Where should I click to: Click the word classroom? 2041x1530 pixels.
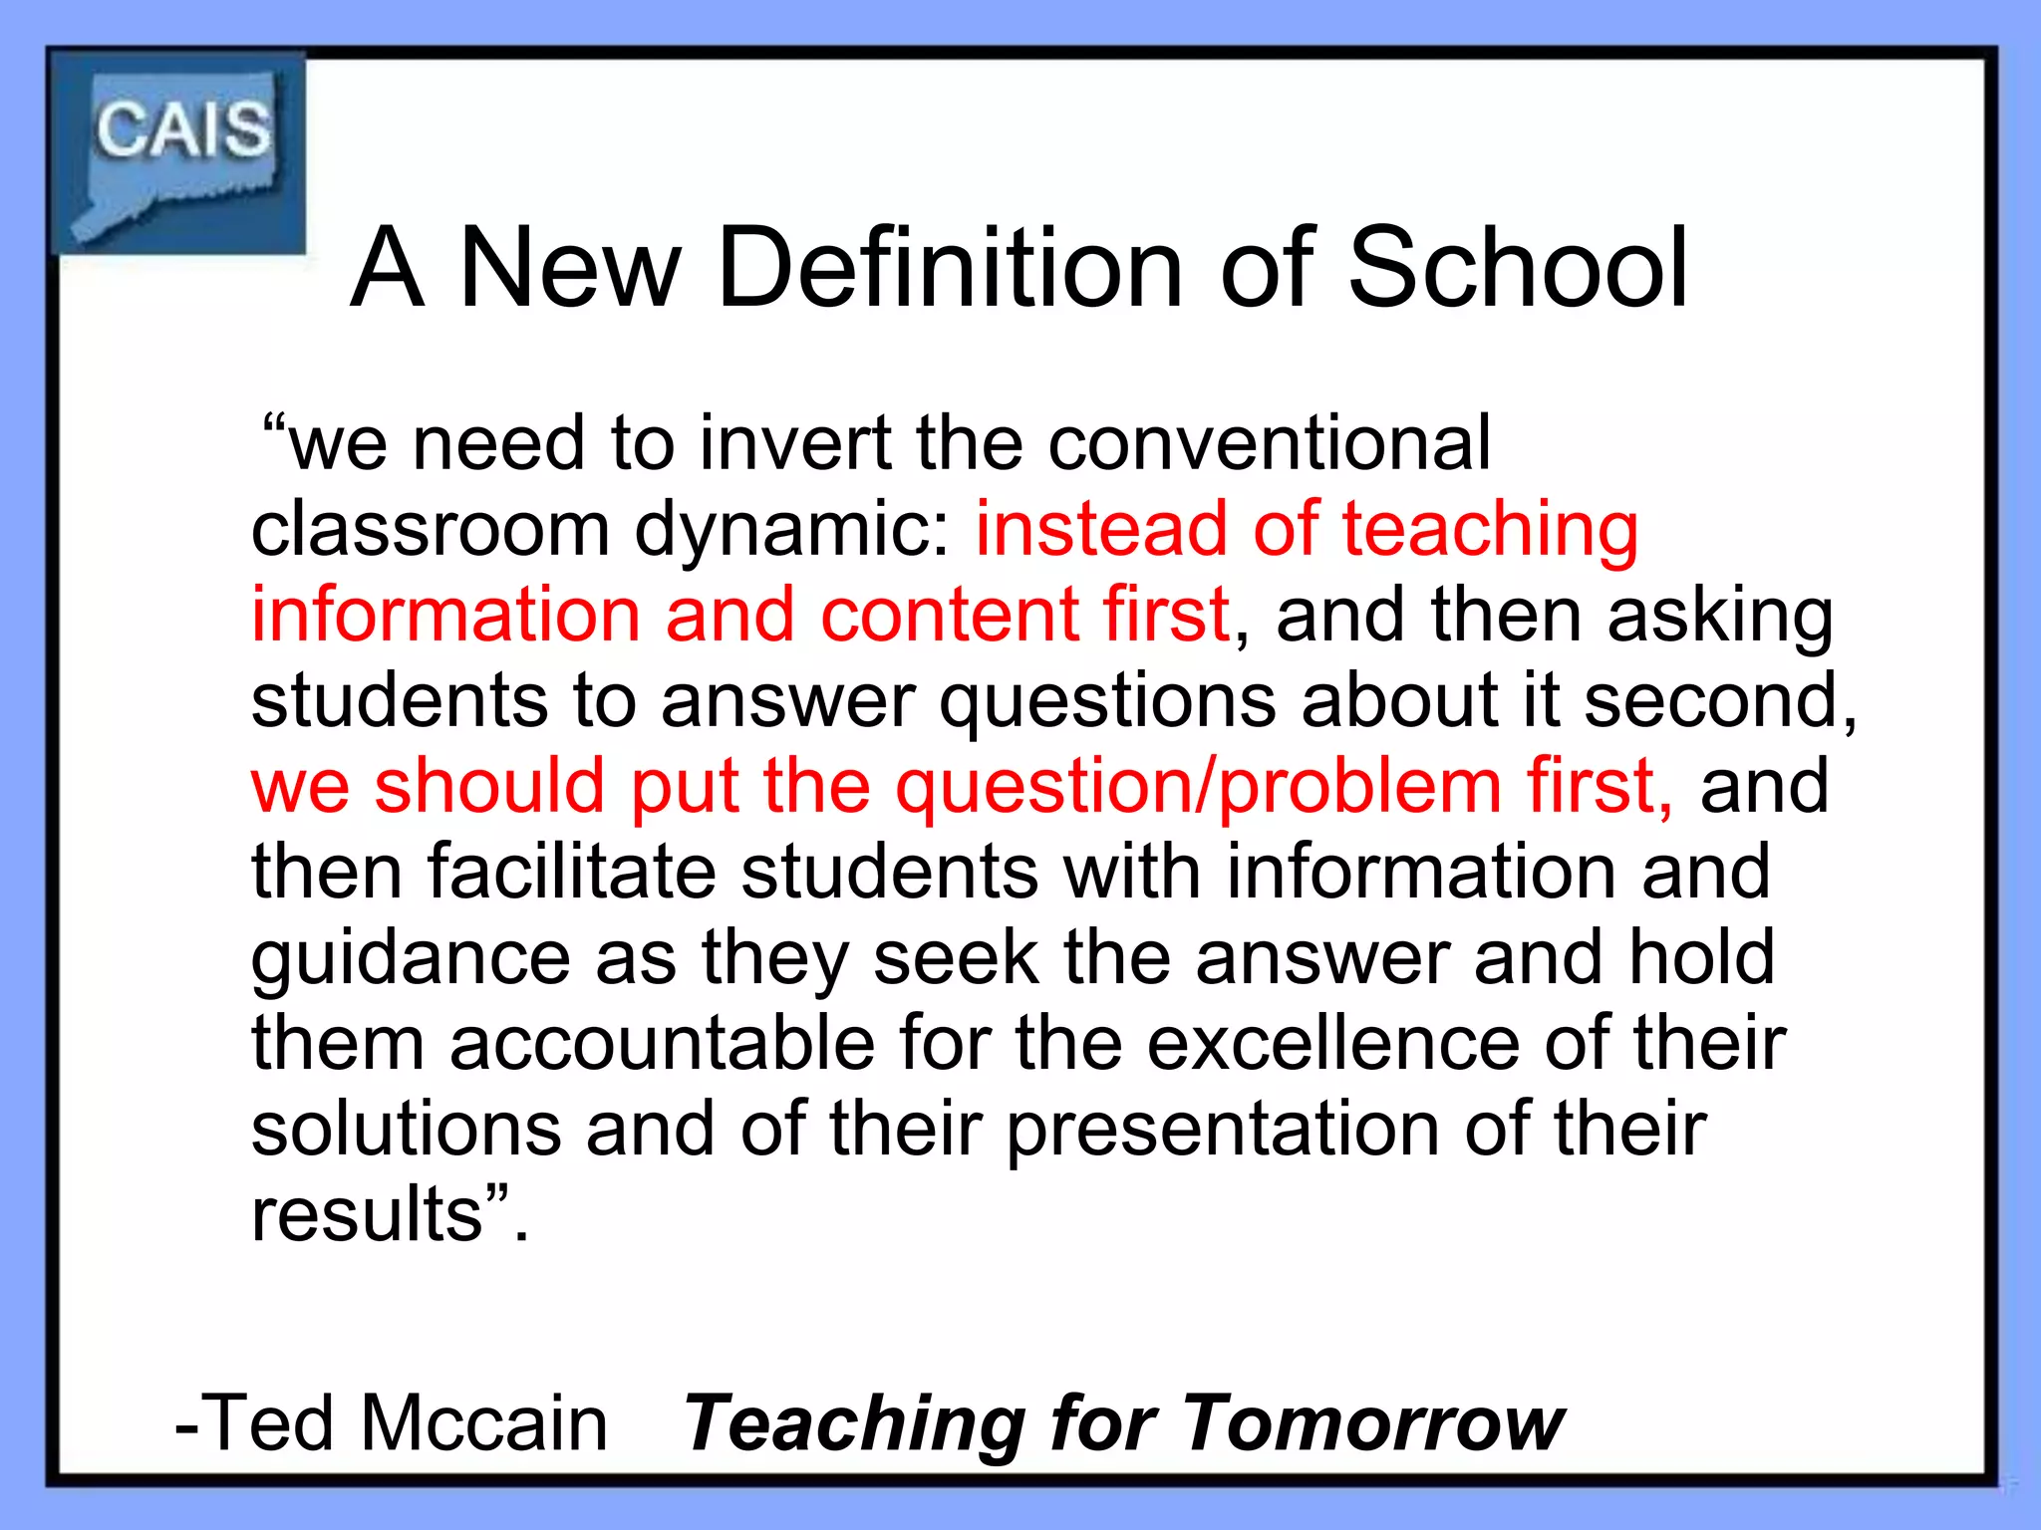[430, 529]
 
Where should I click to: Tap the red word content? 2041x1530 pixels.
[949, 615]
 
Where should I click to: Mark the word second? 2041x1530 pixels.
[1719, 700]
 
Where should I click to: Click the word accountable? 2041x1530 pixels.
[662, 1044]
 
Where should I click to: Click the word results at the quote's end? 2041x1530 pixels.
[368, 1215]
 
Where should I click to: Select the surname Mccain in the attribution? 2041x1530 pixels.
[484, 1423]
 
